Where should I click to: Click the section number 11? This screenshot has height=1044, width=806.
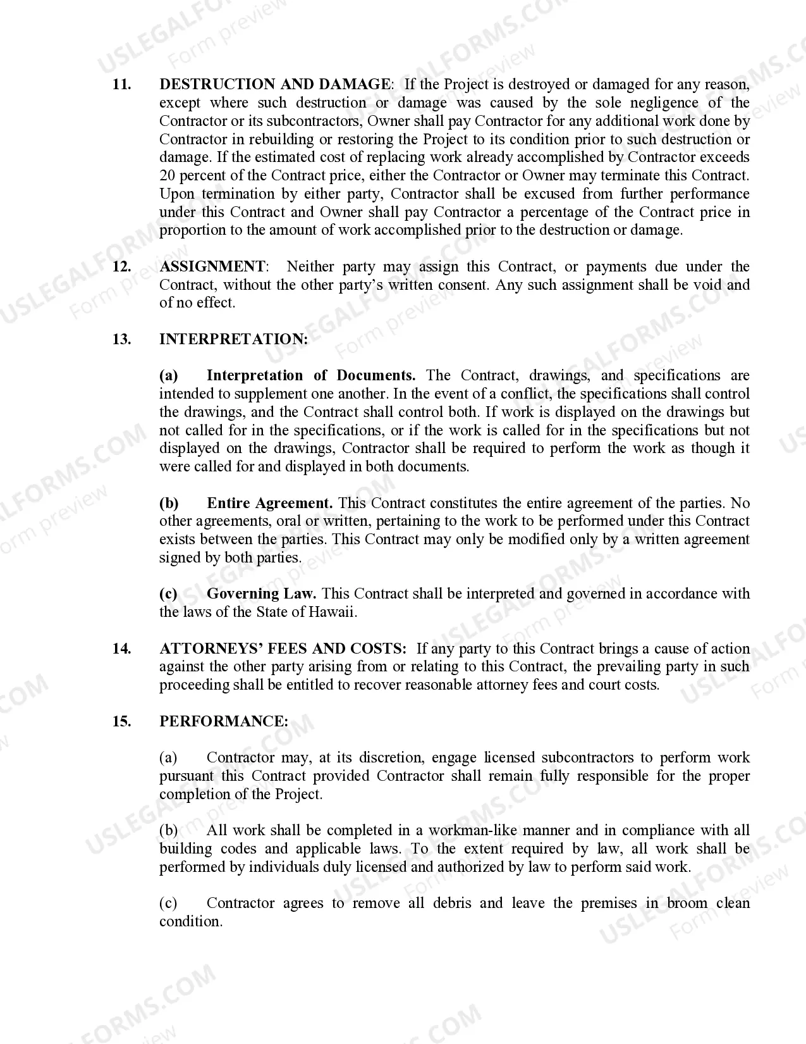point(121,85)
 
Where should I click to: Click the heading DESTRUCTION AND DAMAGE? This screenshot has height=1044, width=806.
point(274,85)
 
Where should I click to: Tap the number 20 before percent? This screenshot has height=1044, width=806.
point(168,175)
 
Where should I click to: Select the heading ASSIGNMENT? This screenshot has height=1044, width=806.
point(212,267)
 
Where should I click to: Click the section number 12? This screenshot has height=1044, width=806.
point(121,267)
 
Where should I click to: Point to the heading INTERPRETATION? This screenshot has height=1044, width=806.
point(233,340)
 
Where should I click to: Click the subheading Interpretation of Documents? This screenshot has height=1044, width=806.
point(310,376)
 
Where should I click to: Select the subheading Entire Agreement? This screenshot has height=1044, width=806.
point(269,504)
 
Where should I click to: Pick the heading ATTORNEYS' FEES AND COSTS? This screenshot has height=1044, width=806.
point(283,649)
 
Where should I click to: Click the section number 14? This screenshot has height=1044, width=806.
point(121,649)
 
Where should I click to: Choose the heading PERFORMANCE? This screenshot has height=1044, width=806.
point(223,722)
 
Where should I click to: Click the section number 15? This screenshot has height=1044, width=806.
point(121,722)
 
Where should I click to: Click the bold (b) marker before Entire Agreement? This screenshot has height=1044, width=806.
point(169,504)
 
